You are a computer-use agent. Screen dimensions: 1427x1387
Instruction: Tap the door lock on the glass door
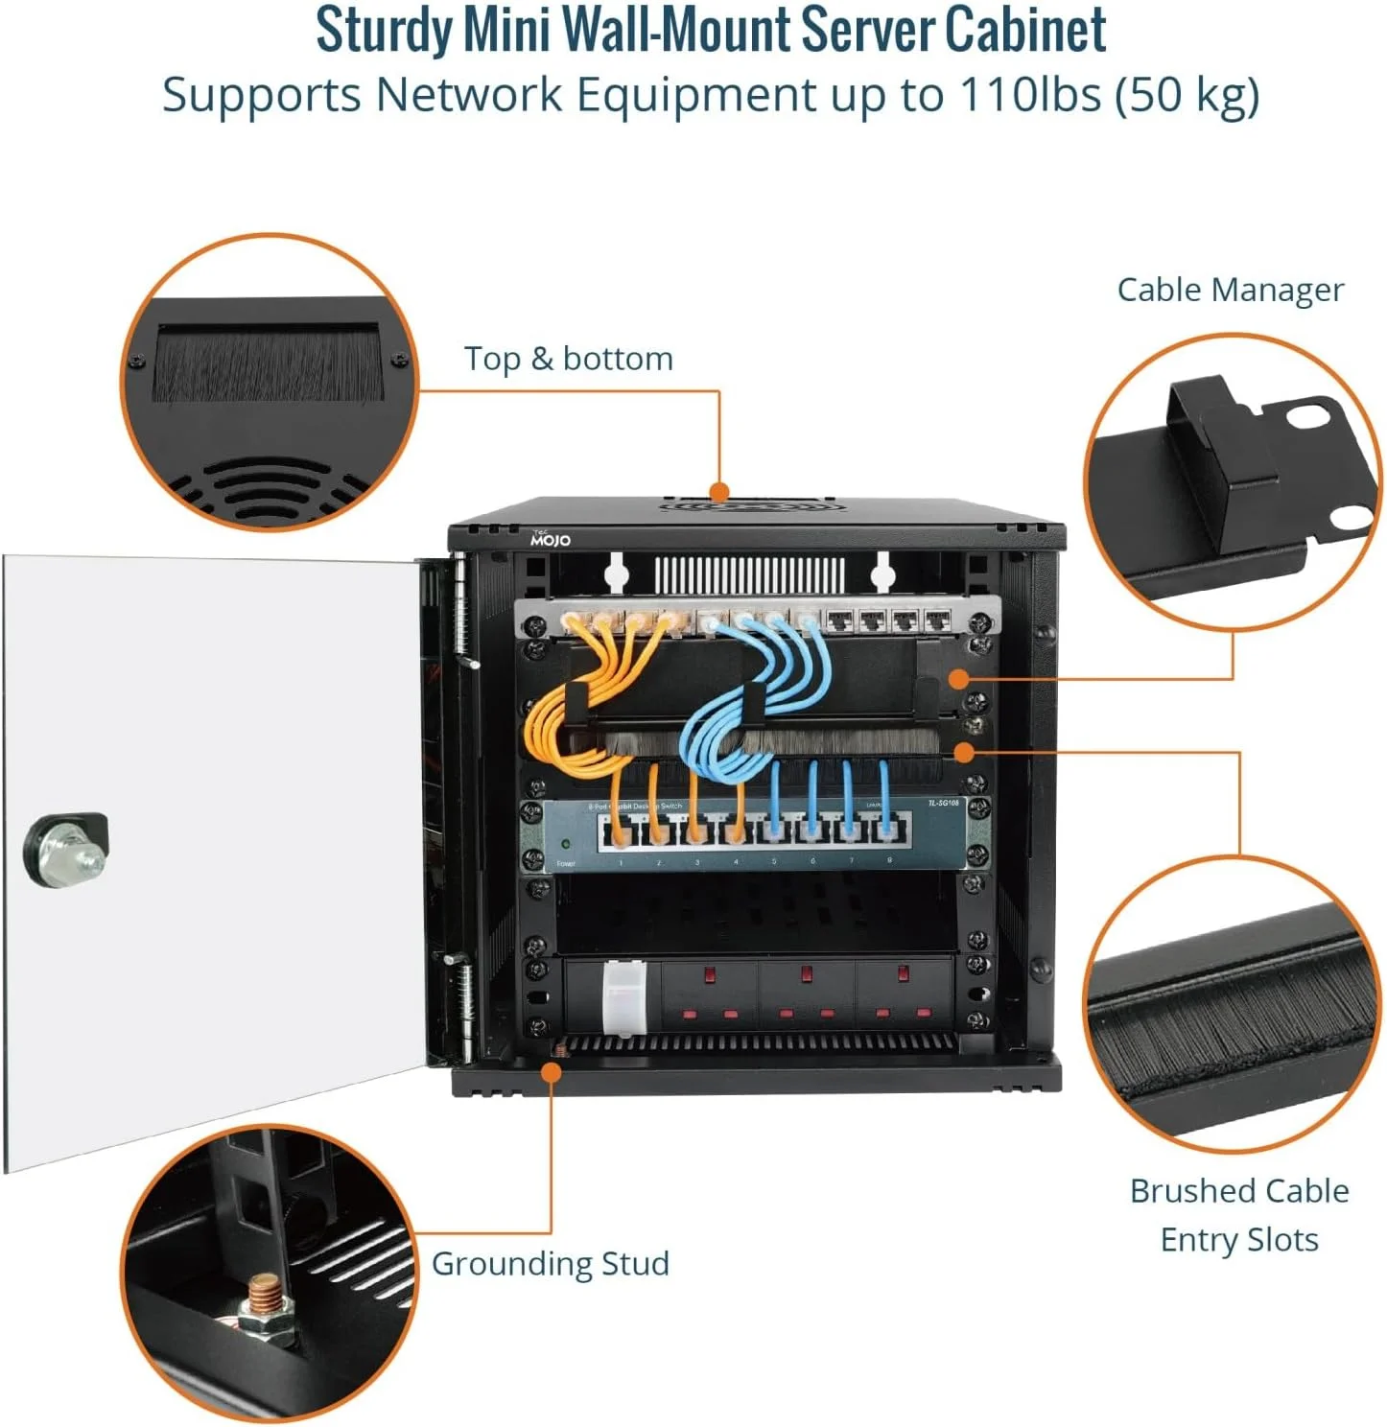click(65, 849)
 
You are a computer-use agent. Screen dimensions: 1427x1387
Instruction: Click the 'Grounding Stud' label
click(550, 1263)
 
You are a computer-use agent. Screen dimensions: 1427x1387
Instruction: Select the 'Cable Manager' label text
click(1230, 290)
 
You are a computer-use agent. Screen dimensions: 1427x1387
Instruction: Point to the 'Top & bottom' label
click(568, 359)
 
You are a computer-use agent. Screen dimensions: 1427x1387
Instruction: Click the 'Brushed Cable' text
click(1238, 1191)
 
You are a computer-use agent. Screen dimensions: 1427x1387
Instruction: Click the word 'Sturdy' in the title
click(384, 31)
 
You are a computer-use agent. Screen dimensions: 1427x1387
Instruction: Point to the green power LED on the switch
click(567, 845)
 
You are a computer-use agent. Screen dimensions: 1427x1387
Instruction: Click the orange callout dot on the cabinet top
click(719, 493)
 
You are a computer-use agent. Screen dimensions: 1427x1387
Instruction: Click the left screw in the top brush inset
click(138, 361)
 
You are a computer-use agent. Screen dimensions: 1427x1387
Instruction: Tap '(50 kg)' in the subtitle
click(1187, 95)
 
